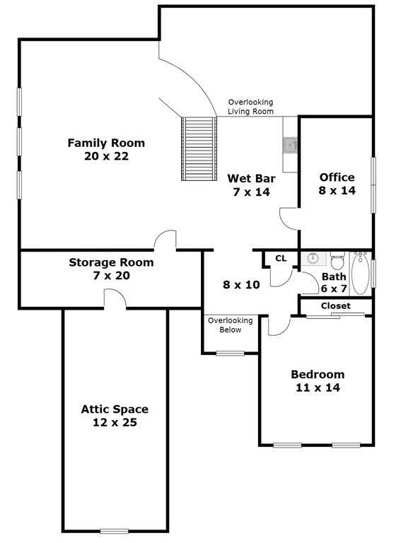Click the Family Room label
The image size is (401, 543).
pyautogui.click(x=106, y=143)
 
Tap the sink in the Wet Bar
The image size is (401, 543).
pyautogui.click(x=290, y=146)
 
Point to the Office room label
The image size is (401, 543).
pyautogui.click(x=337, y=177)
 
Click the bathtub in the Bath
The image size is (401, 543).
pyautogui.click(x=361, y=274)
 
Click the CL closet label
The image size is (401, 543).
pyautogui.click(x=281, y=259)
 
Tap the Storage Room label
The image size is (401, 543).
pyautogui.click(x=111, y=262)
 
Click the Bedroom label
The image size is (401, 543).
pyautogui.click(x=318, y=374)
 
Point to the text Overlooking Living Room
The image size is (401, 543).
pyautogui.click(x=250, y=107)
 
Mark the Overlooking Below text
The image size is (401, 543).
pyautogui.click(x=230, y=325)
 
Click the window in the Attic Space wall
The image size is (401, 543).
pyautogui.click(x=114, y=530)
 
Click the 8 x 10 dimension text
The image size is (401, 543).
pyautogui.click(x=241, y=285)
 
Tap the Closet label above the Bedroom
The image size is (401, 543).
pyautogui.click(x=335, y=306)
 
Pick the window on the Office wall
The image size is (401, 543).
pyautogui.click(x=373, y=185)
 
